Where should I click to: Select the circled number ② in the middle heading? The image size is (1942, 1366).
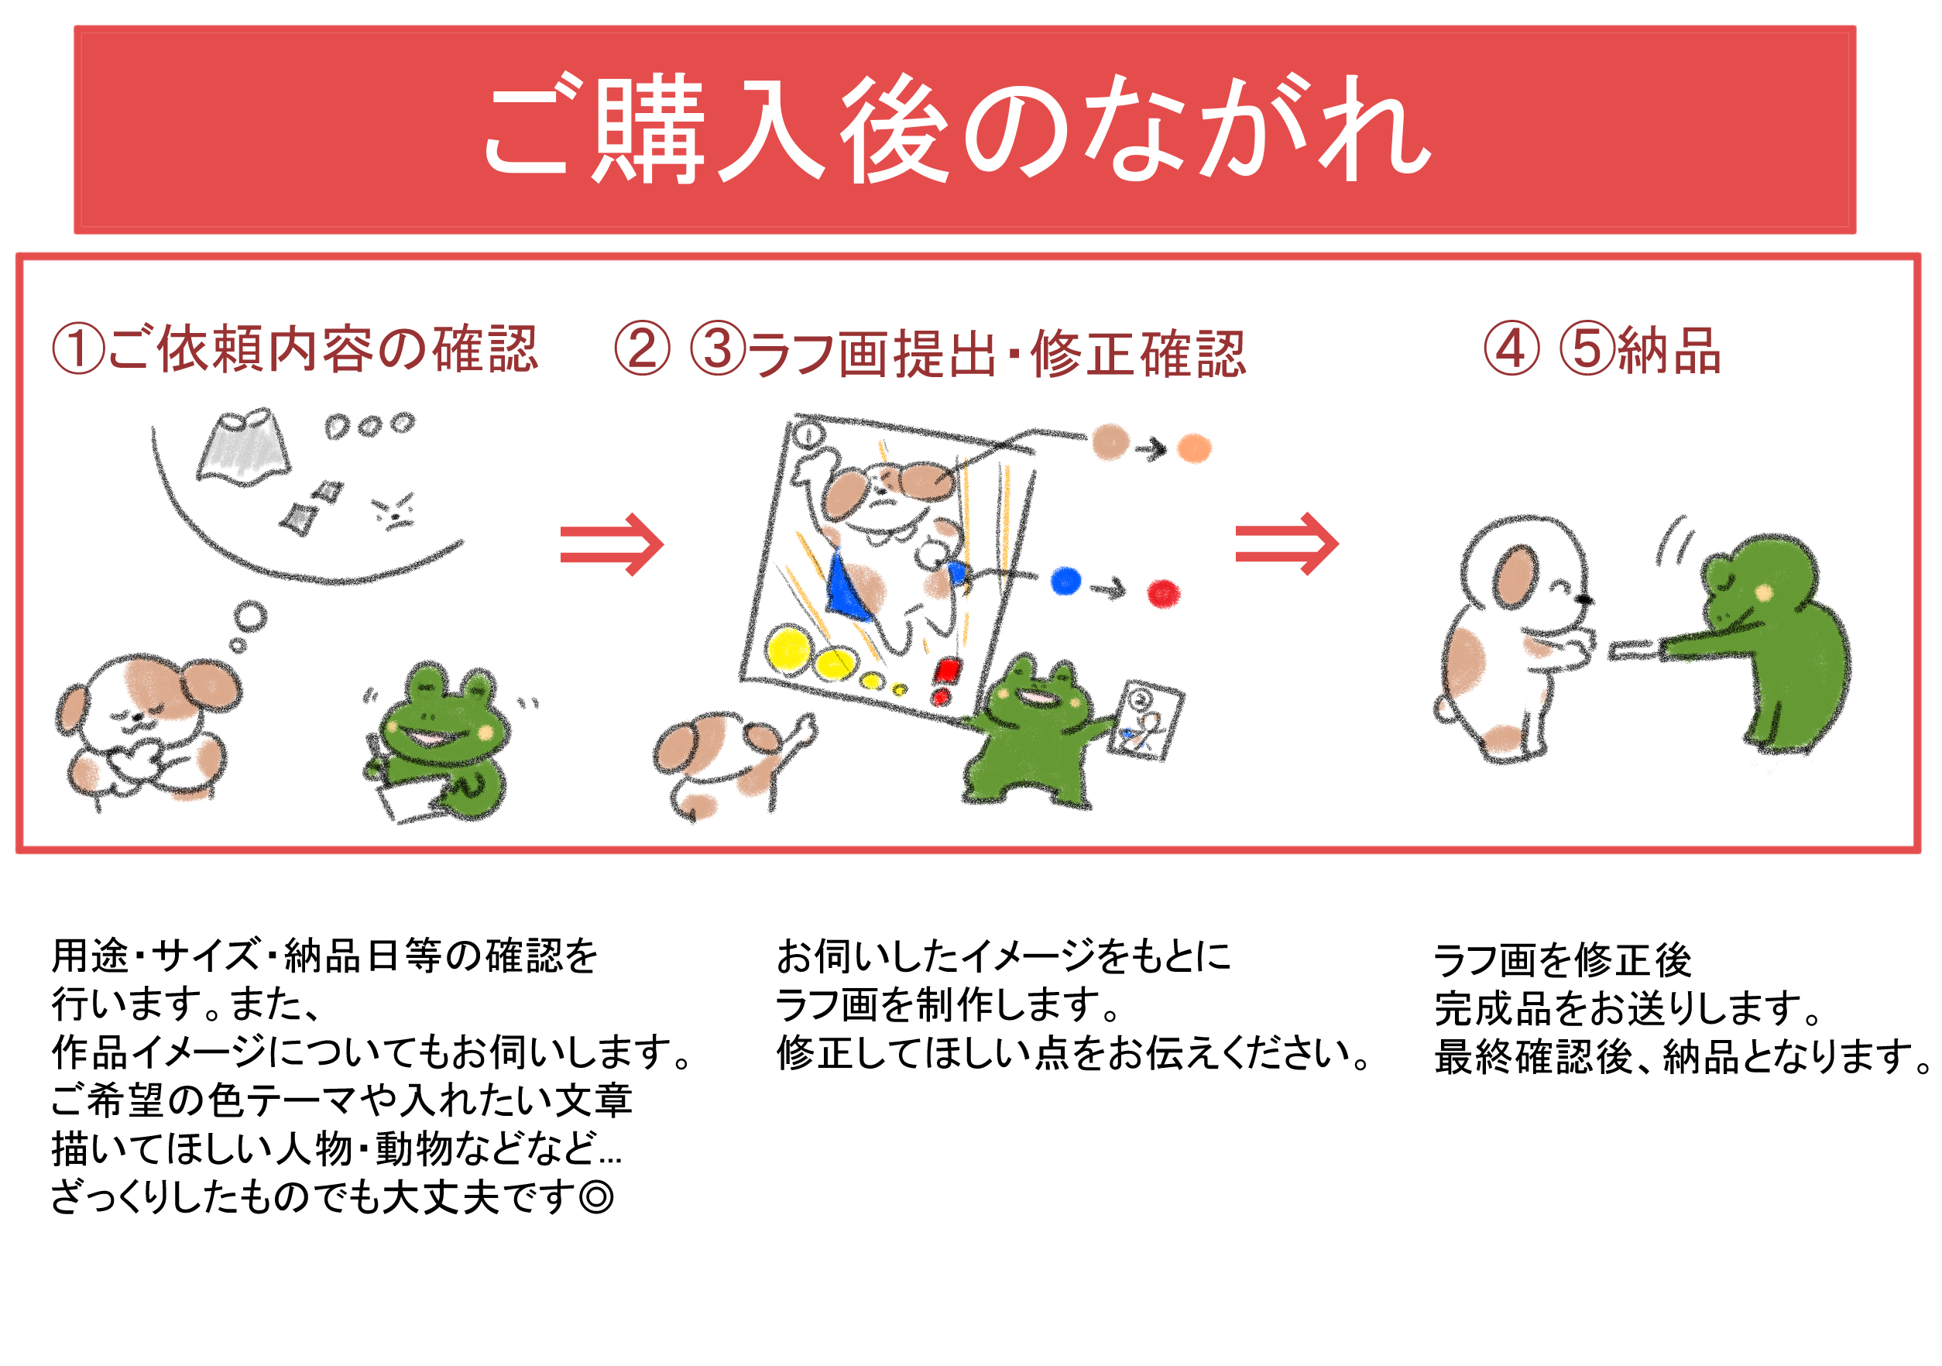tap(643, 348)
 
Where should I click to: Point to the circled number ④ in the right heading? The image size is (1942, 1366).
tap(1511, 348)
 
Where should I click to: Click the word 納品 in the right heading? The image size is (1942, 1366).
tap(1669, 350)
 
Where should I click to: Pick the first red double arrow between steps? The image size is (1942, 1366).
tap(612, 544)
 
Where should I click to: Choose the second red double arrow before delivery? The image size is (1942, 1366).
tap(1286, 544)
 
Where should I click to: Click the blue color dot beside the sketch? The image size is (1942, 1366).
tap(1065, 581)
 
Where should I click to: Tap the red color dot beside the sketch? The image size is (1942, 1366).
tap(1164, 593)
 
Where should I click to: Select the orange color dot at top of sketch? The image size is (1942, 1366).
tap(1194, 448)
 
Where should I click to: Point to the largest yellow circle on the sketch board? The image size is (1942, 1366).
tap(789, 649)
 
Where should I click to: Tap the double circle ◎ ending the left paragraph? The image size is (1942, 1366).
tap(597, 1197)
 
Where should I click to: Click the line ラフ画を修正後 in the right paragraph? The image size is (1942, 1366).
tap(1563, 959)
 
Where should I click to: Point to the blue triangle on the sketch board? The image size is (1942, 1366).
tap(846, 585)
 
